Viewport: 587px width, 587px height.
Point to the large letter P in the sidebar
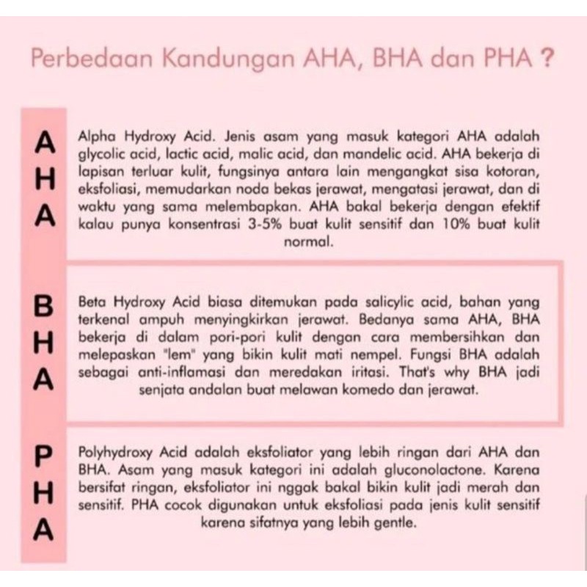click(x=47, y=455)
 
